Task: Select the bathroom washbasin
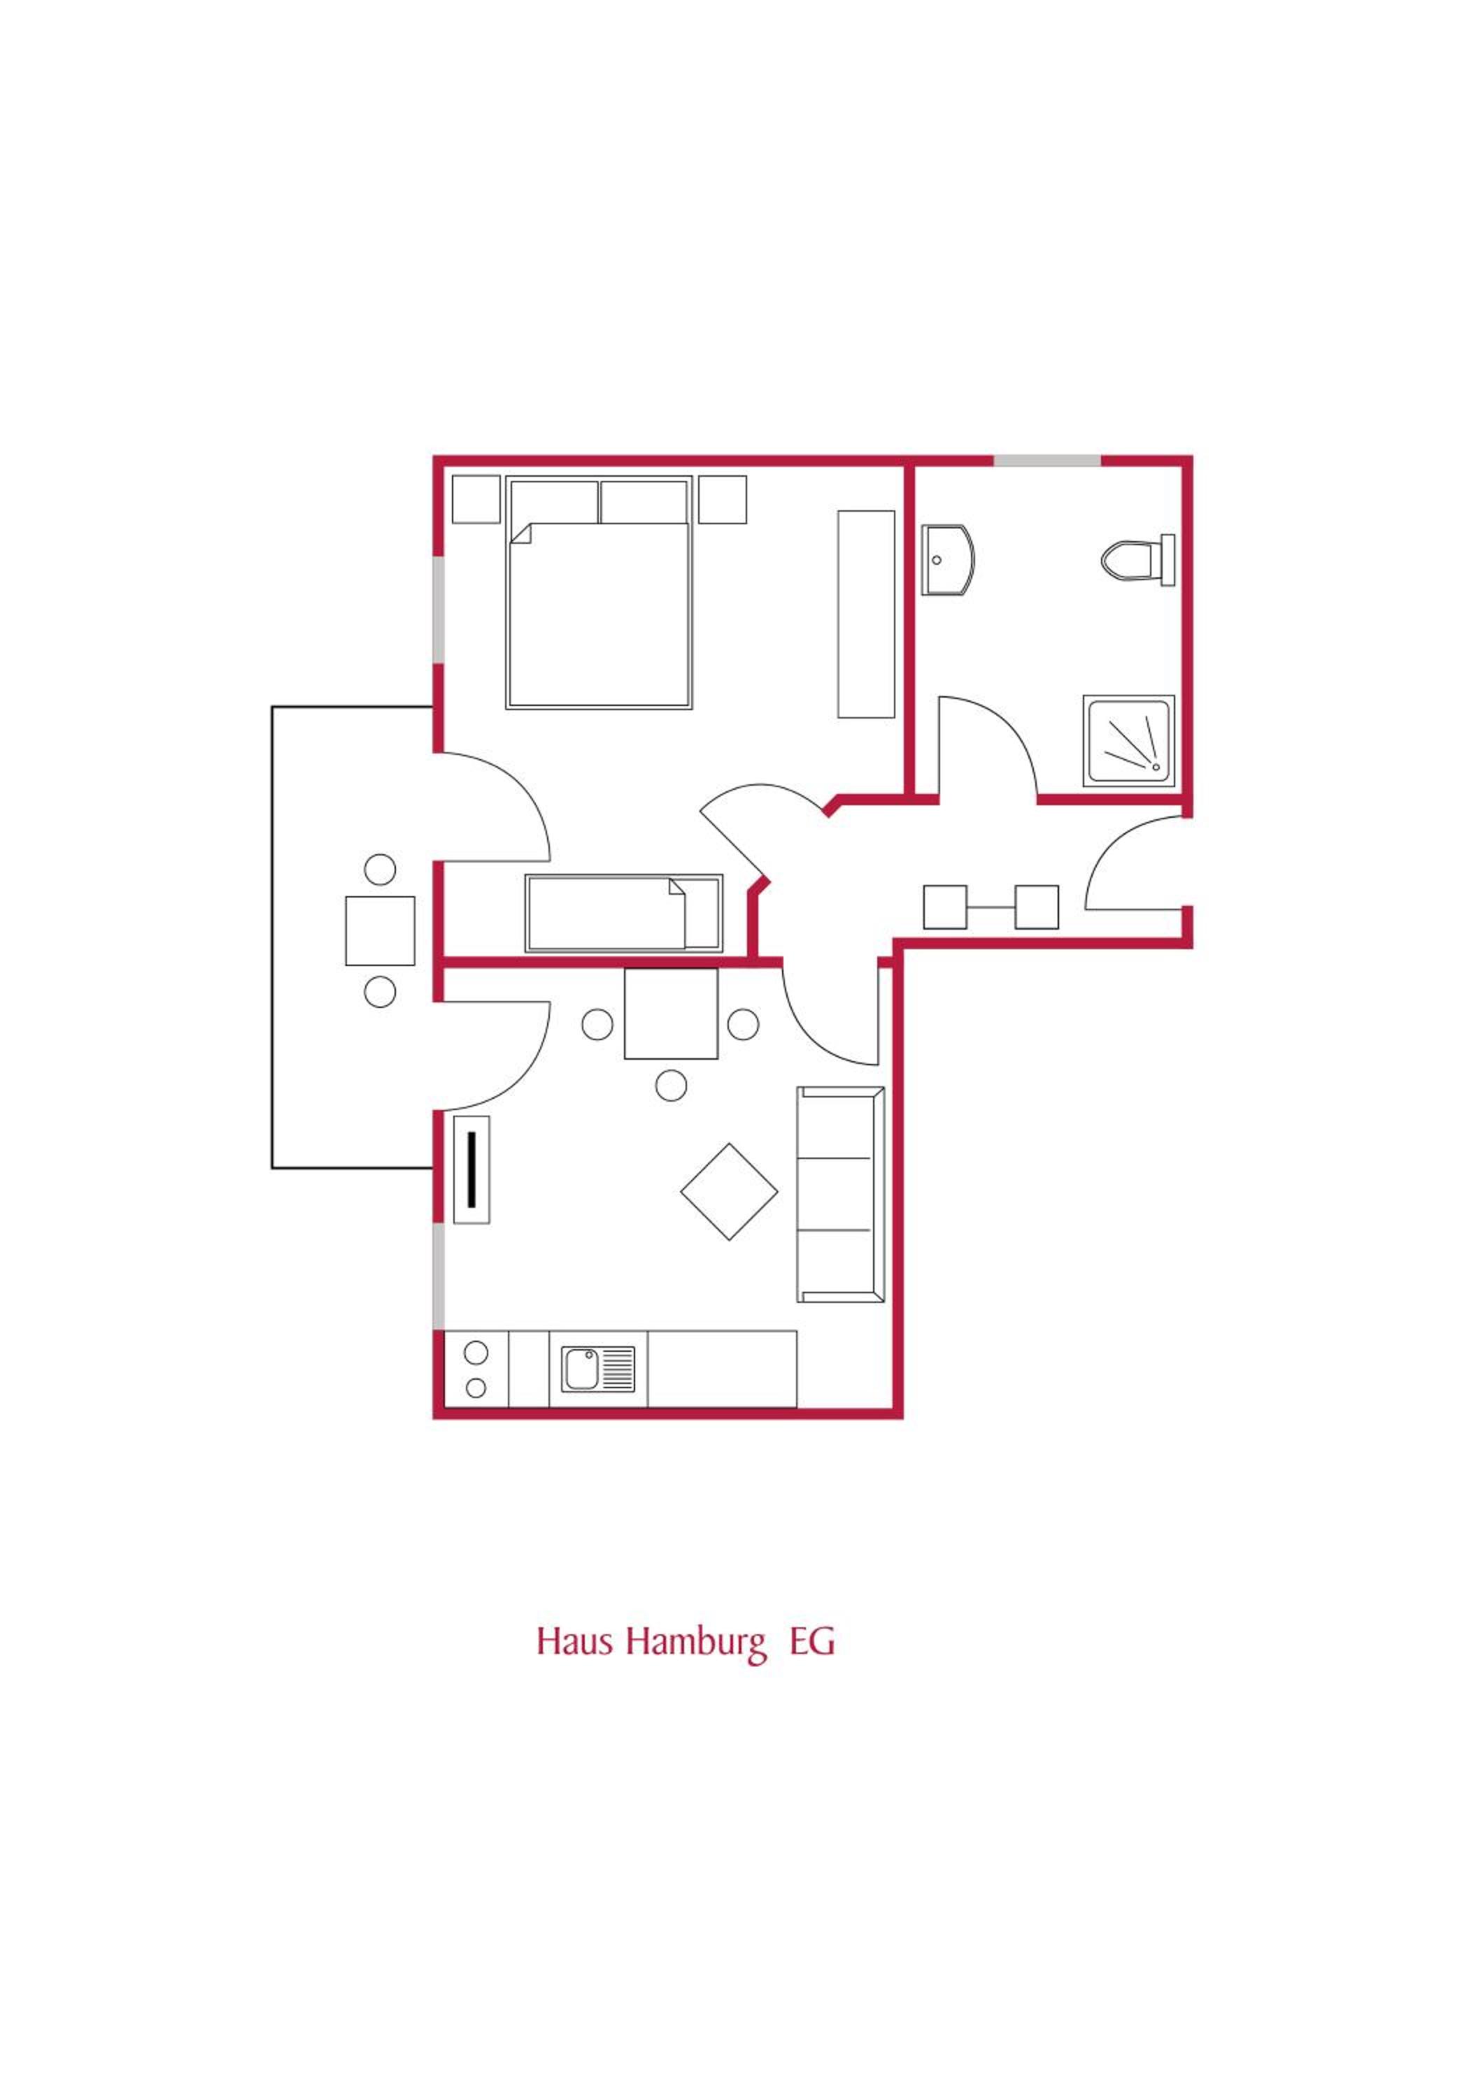pyautogui.click(x=948, y=559)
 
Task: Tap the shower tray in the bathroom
pyautogui.click(x=1128, y=741)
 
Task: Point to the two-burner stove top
pyautogui.click(x=476, y=1369)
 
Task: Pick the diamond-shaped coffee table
pyautogui.click(x=729, y=1192)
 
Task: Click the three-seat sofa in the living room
pyautogui.click(x=841, y=1194)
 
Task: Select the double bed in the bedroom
pyautogui.click(x=599, y=593)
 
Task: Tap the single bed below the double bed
pyautogui.click(x=624, y=914)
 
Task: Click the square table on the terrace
pyautogui.click(x=380, y=930)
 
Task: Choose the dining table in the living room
pyautogui.click(x=671, y=1014)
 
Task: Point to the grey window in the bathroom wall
pyautogui.click(x=1047, y=461)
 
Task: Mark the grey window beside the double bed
pyautogui.click(x=439, y=610)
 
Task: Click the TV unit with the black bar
pyautogui.click(x=471, y=1170)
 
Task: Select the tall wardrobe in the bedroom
pyautogui.click(x=866, y=614)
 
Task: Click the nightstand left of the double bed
pyautogui.click(x=476, y=500)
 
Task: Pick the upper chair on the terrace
pyautogui.click(x=380, y=870)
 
